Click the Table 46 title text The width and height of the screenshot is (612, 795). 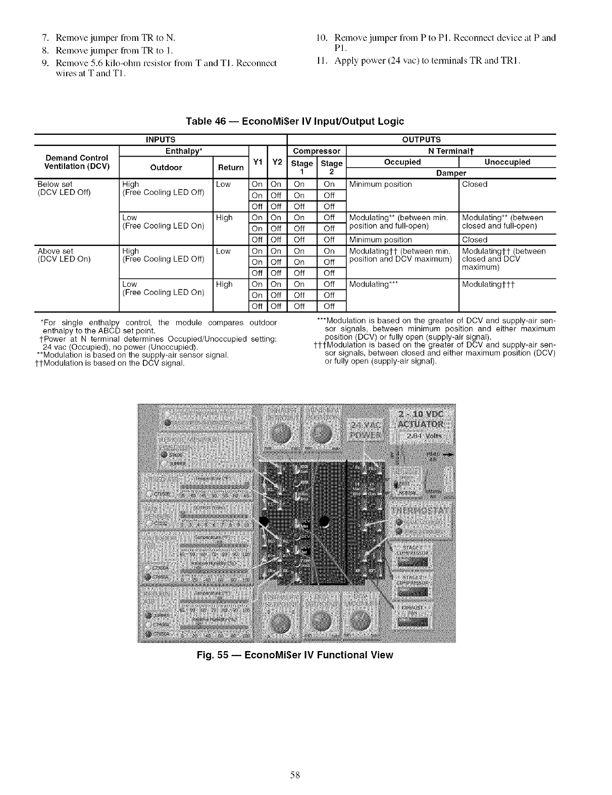pos(295,121)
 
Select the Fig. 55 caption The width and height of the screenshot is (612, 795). pos(295,655)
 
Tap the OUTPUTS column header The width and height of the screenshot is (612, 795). pos(421,139)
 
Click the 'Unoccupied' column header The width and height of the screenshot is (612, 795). pos(507,162)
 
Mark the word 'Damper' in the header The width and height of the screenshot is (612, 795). pos(451,173)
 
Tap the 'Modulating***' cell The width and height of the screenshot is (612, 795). pos(374,284)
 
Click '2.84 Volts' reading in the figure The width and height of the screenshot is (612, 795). pos(427,435)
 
